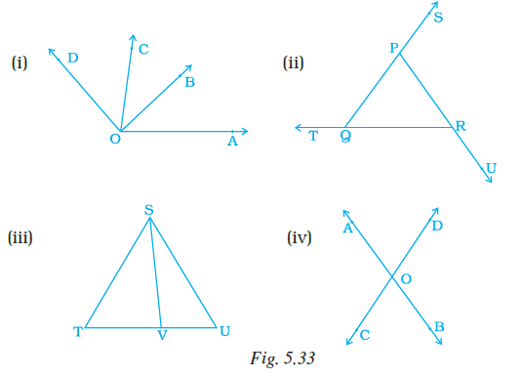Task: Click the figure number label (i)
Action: point(19,66)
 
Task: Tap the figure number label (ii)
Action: point(293,66)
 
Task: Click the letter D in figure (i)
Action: point(74,60)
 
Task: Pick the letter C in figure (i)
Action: point(143,49)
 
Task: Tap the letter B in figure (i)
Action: point(190,83)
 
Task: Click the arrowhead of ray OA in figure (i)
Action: point(245,130)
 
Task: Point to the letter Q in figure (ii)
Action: point(346,137)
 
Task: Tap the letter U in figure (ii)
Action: point(491,169)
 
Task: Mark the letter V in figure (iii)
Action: point(164,335)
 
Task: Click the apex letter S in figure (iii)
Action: point(148,209)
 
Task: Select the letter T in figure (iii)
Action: point(77,333)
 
